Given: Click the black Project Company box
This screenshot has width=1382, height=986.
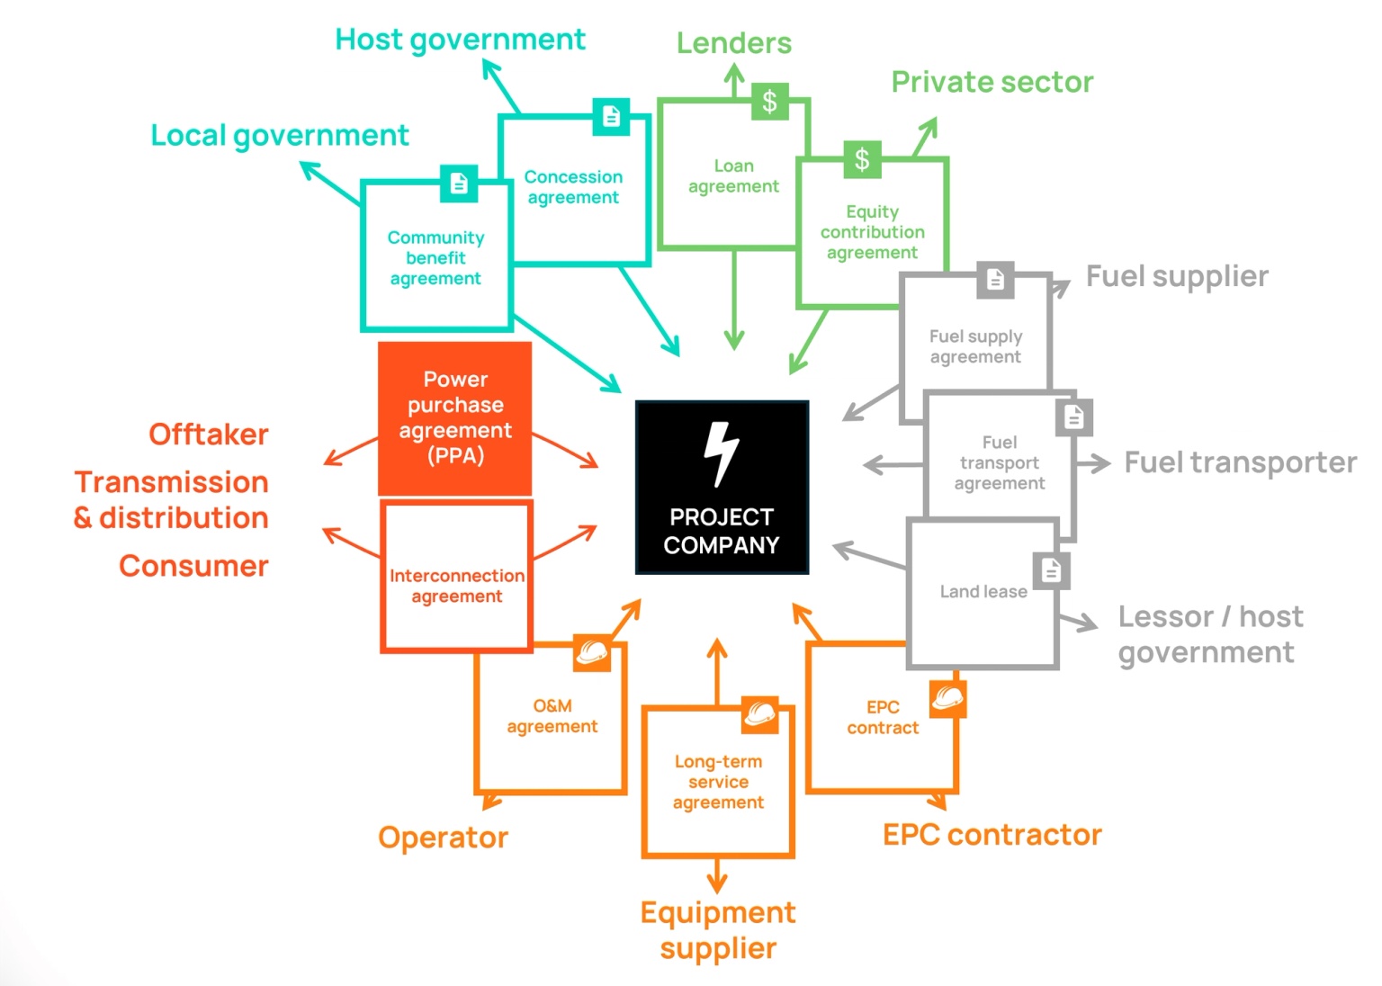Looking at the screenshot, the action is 722,487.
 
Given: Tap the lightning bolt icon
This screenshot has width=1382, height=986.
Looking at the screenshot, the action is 722,454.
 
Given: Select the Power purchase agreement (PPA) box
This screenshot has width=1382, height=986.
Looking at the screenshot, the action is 454,418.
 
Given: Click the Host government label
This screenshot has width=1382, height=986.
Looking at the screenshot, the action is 460,40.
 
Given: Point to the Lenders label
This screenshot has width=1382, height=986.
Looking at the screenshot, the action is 734,43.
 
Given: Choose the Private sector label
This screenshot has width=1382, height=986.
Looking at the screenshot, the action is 992,82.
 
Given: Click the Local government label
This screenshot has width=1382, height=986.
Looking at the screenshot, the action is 280,136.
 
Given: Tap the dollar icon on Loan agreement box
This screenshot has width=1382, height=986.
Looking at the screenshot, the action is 770,101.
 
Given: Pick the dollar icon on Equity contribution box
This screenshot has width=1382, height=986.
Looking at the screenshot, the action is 863,159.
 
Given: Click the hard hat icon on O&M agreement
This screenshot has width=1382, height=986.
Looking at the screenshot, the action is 592,653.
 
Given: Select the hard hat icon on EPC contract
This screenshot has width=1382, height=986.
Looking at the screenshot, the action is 948,699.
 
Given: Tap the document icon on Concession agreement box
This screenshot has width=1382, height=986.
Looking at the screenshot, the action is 612,116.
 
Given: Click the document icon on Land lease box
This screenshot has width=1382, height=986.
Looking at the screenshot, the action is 1052,570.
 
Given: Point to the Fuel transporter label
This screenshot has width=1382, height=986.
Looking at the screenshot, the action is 1241,462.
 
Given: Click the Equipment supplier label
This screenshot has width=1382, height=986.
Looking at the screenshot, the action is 718,930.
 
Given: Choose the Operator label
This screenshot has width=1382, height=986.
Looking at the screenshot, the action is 443,838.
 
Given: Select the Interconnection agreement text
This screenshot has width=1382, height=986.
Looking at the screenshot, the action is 457,586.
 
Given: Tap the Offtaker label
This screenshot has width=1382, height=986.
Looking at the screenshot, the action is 209,435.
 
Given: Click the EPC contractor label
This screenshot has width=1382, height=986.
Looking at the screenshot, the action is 992,835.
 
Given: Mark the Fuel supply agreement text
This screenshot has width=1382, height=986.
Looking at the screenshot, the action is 975,346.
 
